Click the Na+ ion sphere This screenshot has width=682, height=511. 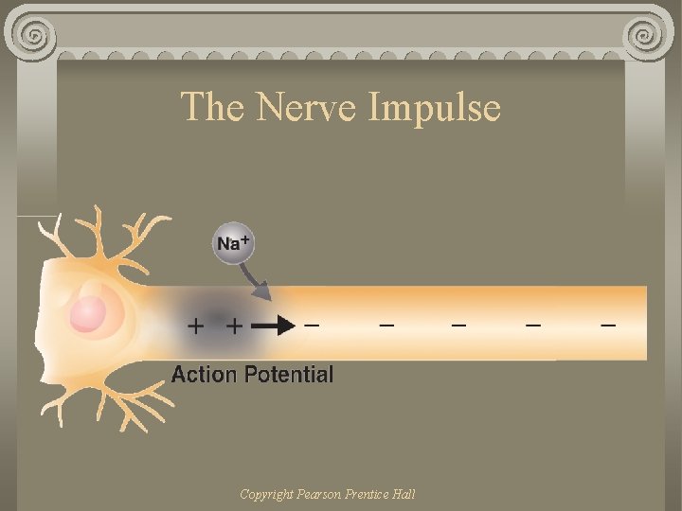point(233,243)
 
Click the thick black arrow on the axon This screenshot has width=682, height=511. point(275,326)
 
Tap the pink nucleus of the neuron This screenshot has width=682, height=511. point(88,314)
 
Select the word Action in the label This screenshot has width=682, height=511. point(204,374)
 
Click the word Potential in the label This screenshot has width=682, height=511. point(289,374)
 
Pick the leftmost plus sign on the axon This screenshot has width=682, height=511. point(196,326)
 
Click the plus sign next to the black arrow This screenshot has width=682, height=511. point(233,326)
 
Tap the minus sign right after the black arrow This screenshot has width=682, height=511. point(311,326)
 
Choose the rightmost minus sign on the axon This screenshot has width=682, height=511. point(607,326)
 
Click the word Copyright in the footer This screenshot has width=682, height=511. point(267,494)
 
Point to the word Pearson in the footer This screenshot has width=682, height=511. point(317,494)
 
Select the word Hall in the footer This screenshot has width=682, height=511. point(403,494)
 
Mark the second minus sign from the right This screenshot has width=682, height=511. point(533,326)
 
